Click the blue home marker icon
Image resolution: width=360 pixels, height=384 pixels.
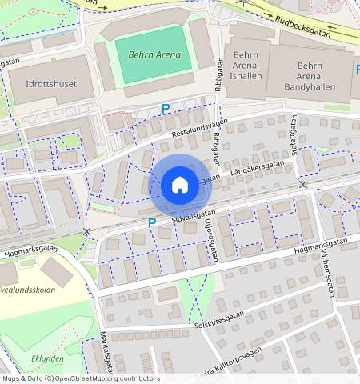tap(180, 185)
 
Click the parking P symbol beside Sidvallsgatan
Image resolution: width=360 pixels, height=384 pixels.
tap(151, 223)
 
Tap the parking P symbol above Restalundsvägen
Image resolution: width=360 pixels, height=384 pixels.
tap(166, 108)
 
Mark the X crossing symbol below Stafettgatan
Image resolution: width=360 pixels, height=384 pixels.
tap(302, 185)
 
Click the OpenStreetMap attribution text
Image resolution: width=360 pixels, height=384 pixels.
tap(80, 378)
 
